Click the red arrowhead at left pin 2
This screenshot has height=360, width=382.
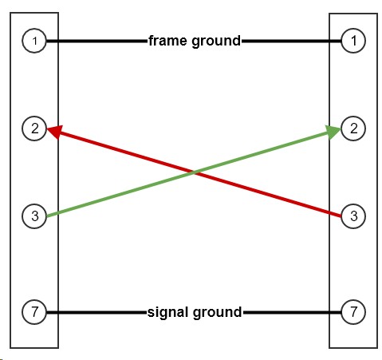pyautogui.click(x=54, y=131)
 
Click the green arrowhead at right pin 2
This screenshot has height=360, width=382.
pyautogui.click(x=333, y=132)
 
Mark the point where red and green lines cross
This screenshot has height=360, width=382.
pyautogui.click(x=194, y=172)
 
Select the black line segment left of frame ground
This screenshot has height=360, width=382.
pyautogui.click(x=97, y=41)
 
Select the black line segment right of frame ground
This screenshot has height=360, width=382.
pyautogui.click(x=291, y=41)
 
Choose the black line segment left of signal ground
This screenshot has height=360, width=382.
pyautogui.click(x=96, y=312)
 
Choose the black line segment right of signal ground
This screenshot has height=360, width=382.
pyautogui.click(x=292, y=312)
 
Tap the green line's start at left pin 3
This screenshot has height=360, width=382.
pyautogui.click(x=47, y=216)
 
